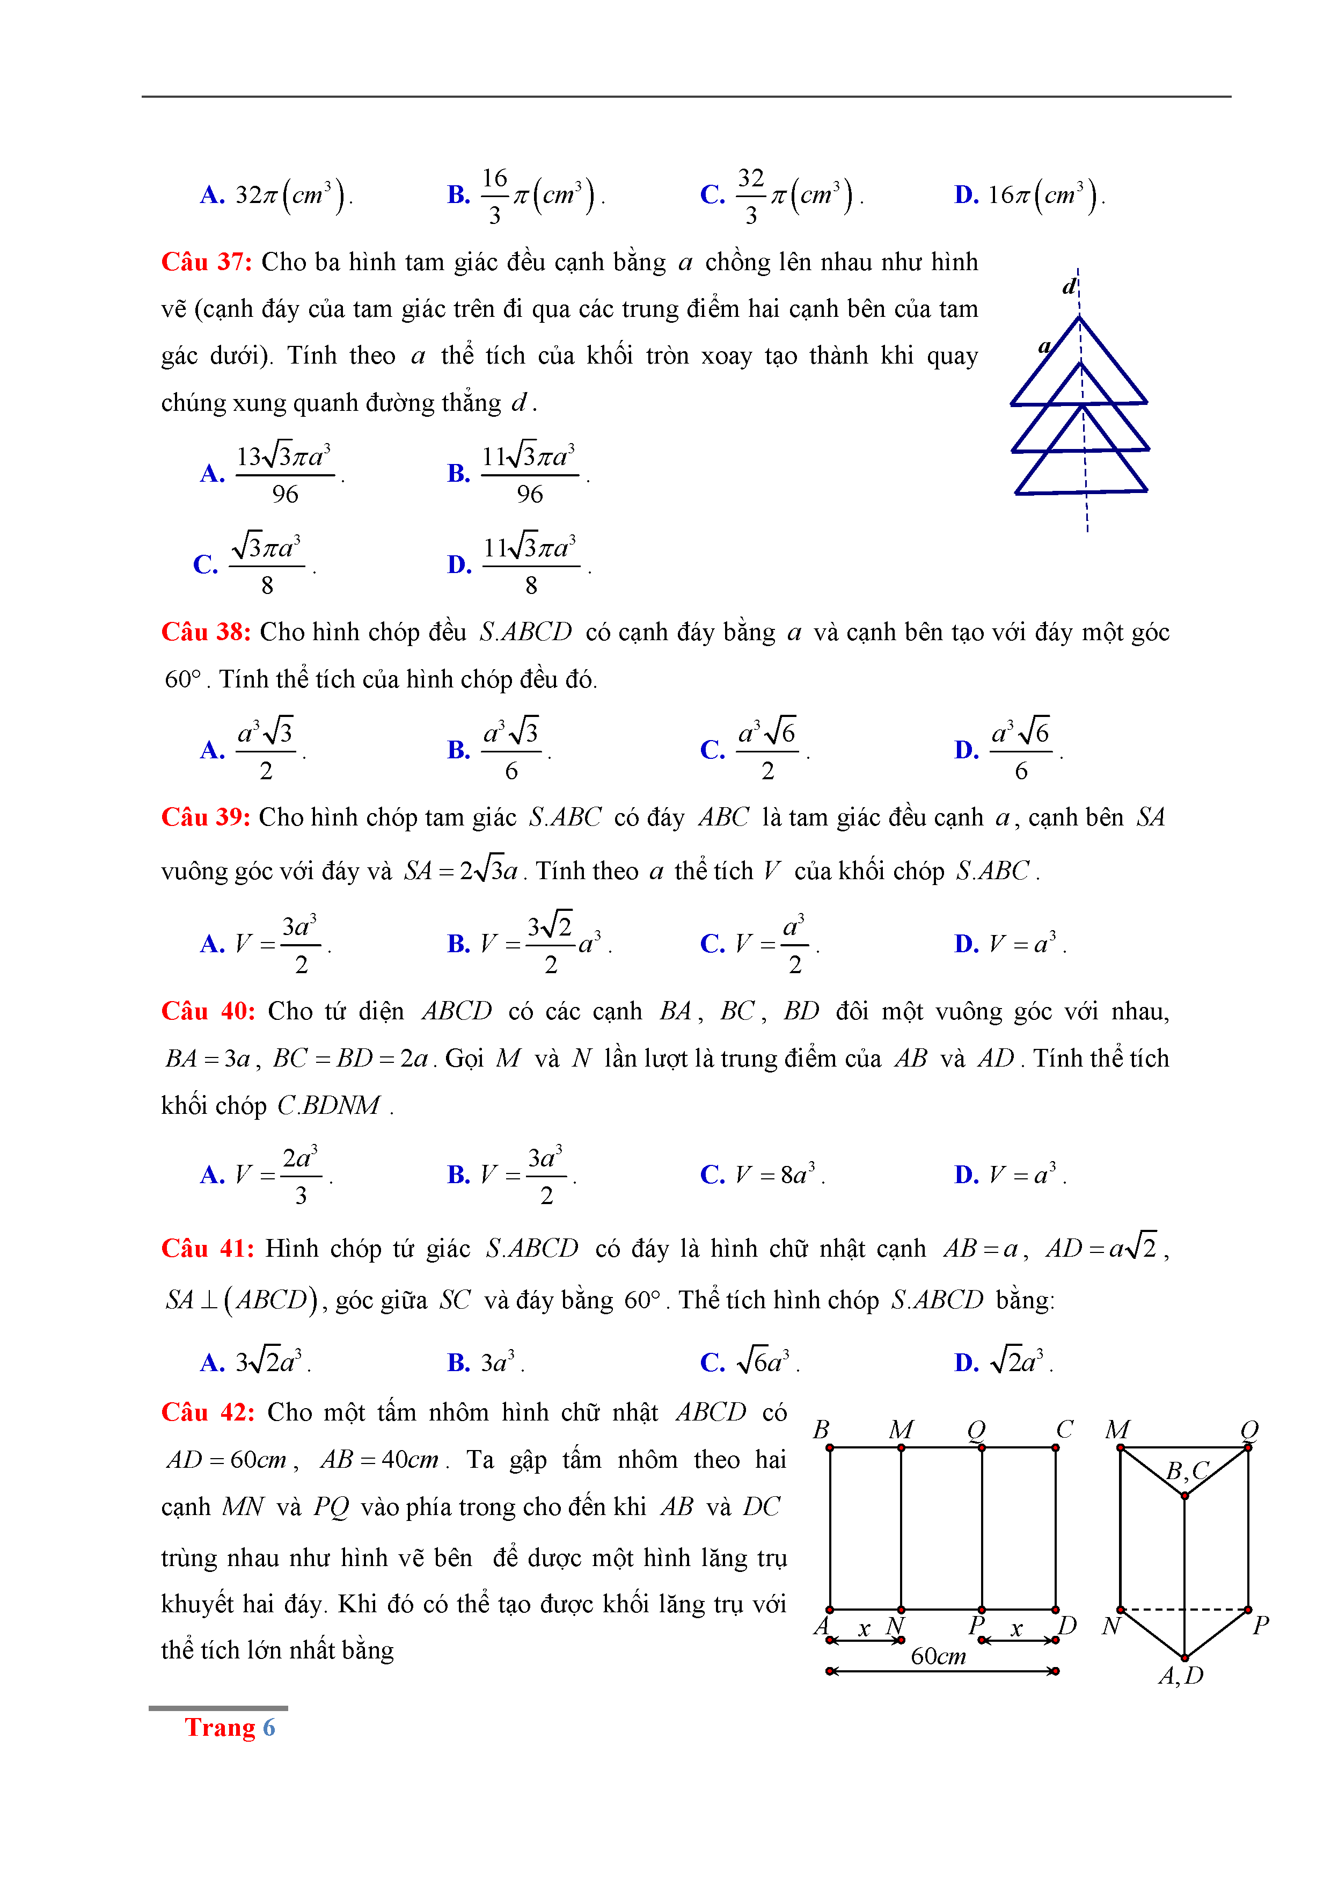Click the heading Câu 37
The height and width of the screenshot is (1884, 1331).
point(206,262)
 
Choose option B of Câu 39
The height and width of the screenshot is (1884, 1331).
point(529,944)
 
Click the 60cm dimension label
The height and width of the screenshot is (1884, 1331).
point(938,1656)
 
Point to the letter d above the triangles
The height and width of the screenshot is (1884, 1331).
point(1069,286)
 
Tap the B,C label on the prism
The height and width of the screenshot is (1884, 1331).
point(1187,1469)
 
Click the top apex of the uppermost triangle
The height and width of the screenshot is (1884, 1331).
point(1079,317)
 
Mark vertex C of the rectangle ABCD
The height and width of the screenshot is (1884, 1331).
point(1056,1447)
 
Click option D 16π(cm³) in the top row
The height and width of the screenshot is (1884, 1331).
point(1029,195)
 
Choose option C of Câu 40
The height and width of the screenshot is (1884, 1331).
point(762,1174)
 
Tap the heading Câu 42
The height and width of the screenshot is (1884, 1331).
point(208,1412)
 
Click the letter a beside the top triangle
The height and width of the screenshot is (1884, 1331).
point(1044,346)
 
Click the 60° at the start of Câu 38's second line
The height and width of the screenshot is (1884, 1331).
point(183,679)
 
